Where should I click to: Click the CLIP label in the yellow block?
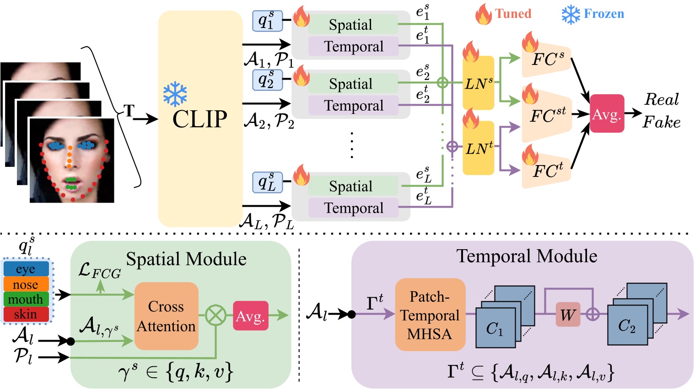(199, 119)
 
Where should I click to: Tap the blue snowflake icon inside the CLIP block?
(175, 94)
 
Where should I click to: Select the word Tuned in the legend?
(513, 14)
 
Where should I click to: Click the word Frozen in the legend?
(603, 14)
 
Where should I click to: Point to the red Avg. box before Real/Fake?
(607, 114)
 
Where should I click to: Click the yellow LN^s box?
(478, 83)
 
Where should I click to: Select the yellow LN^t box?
(478, 148)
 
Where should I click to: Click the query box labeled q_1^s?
(267, 21)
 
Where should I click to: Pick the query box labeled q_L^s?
(267, 182)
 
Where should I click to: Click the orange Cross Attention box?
(166, 316)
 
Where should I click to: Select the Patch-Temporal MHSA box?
(430, 315)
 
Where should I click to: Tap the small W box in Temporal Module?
(568, 315)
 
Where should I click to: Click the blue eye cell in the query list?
(26, 269)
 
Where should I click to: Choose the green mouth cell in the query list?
(26, 299)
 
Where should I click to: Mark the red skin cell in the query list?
(26, 314)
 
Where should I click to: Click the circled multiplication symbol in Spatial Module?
(216, 315)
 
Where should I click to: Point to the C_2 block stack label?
(627, 326)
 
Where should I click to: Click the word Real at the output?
(661, 99)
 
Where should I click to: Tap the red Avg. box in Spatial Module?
(250, 315)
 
